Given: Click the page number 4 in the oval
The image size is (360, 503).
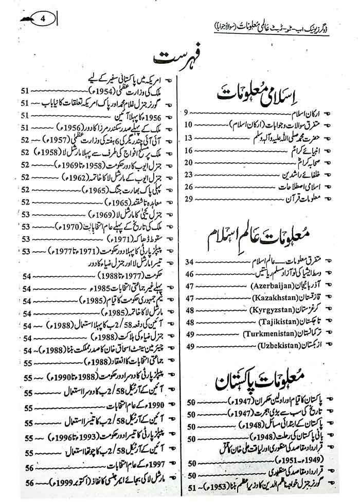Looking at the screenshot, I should [x=43, y=20].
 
